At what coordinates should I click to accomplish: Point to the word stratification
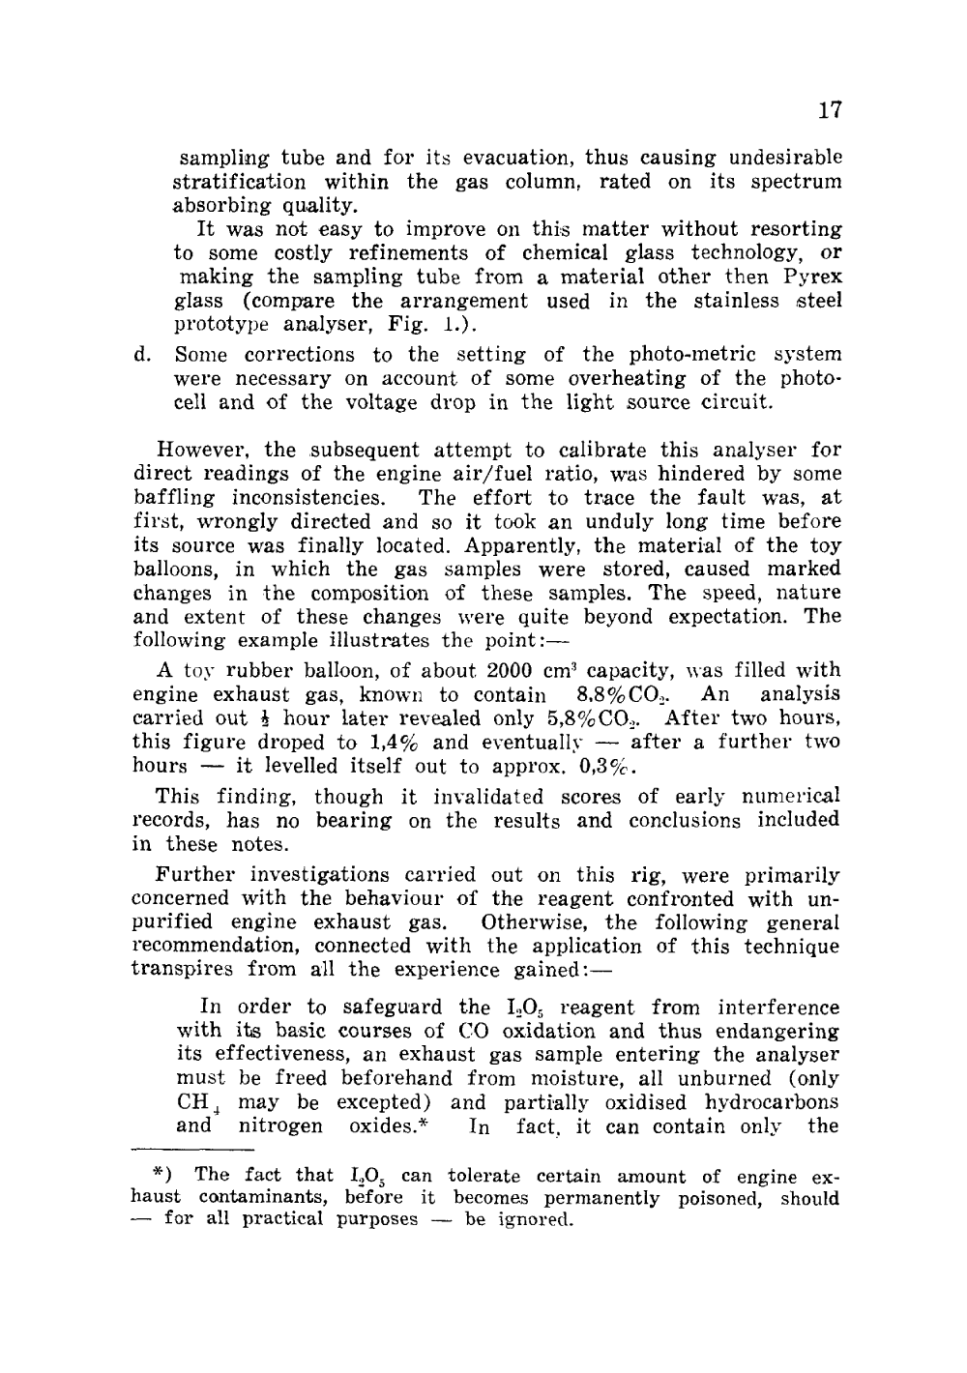pos(239,182)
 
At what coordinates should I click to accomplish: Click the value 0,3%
pos(606,767)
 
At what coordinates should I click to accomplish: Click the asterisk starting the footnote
pos(161,1176)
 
